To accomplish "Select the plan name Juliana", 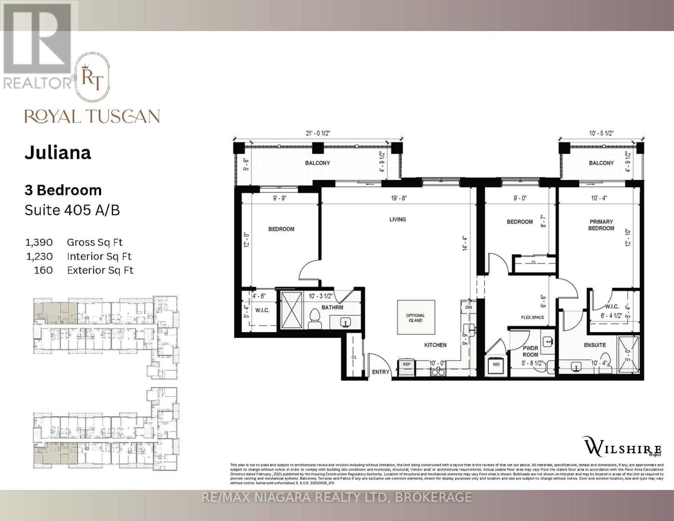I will pos(58,153).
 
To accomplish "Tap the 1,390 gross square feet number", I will pos(39,242).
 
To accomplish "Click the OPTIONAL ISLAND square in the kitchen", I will pos(415,317).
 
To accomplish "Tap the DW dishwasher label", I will pos(468,307).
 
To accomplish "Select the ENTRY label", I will pos(381,372).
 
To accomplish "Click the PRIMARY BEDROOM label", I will pos(601,225).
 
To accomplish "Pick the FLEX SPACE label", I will pos(532,317).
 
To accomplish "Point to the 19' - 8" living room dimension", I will pos(398,198).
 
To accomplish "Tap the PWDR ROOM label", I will pos(530,351).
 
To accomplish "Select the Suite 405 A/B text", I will pos(72,210).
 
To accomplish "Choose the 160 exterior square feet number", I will pos(43,270).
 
